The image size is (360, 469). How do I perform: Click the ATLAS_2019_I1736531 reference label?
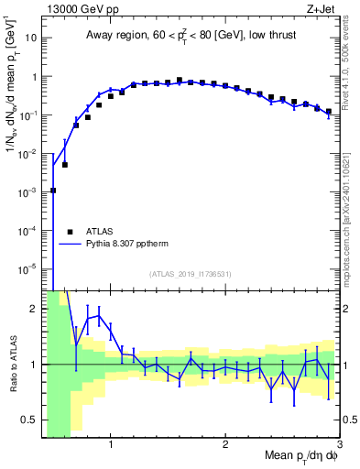(x=191, y=274)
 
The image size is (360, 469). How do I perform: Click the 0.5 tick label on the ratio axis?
(x=29, y=420)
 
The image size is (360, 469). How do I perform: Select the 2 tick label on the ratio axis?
(x=35, y=309)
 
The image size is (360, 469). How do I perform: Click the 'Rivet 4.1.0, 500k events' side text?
(x=351, y=73)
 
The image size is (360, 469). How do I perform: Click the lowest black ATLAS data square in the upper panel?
(x=53, y=191)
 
